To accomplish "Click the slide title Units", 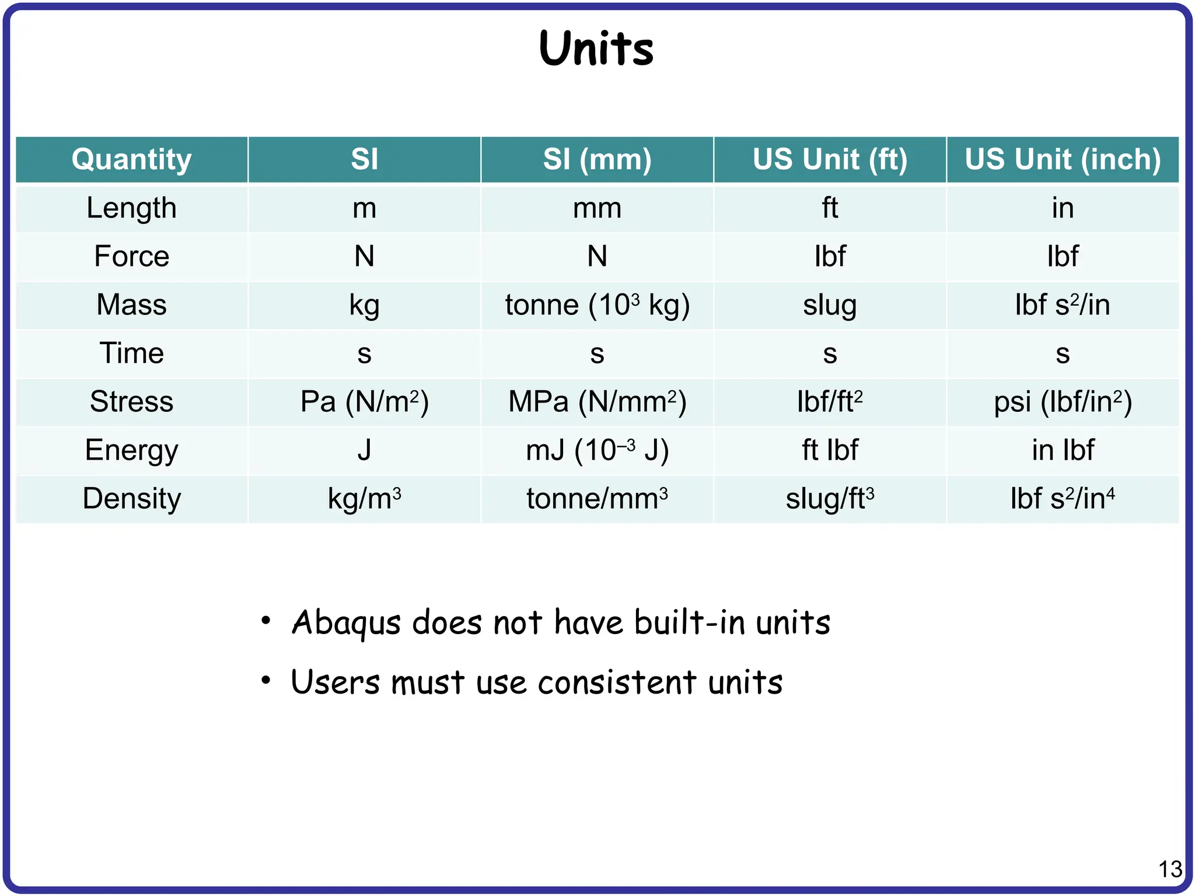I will point(596,48).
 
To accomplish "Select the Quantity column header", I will point(132,159).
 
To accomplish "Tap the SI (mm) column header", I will point(597,159).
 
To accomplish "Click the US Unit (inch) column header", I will point(1063,159).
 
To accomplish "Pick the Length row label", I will point(132,208).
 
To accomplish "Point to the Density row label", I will point(132,499).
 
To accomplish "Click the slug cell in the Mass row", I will point(830,305).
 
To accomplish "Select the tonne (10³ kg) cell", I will point(597,305).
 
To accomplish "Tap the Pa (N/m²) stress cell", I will point(365,402).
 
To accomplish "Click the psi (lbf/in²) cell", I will point(1063,402).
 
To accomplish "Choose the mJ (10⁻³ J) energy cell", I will point(597,450).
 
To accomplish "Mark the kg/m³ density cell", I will point(365,499).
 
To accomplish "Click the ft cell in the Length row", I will point(830,208).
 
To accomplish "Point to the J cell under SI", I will point(365,450).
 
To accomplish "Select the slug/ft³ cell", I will point(830,499).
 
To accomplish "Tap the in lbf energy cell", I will point(1063,450).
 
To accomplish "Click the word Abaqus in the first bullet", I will point(346,622).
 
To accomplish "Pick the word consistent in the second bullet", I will point(617,682).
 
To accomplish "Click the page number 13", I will point(1170,869).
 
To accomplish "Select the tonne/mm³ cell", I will point(597,499).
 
